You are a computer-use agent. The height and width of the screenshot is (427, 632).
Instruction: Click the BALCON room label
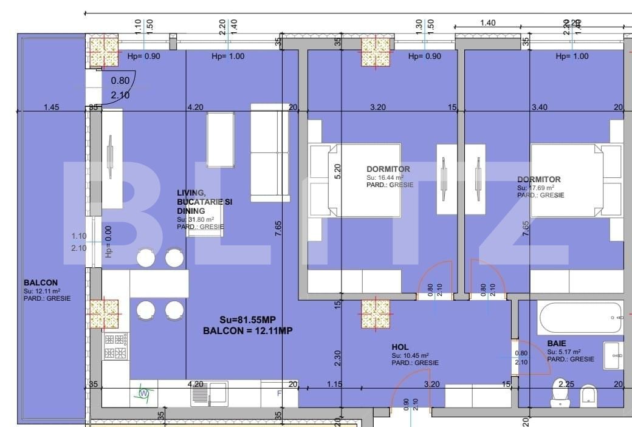(41, 282)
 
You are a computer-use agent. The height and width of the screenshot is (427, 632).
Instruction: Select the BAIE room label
(557, 343)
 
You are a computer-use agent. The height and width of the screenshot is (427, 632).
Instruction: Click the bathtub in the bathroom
(580, 316)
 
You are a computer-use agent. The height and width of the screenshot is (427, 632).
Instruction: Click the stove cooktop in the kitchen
(115, 347)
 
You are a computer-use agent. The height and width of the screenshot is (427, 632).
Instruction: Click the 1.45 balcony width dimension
(52, 108)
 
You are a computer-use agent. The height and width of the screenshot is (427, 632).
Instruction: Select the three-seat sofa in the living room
(270, 152)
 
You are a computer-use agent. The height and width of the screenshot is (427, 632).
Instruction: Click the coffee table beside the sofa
(220, 140)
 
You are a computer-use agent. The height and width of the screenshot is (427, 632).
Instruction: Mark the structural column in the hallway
(376, 315)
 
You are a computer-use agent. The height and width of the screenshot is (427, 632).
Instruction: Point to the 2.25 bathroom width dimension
(566, 384)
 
